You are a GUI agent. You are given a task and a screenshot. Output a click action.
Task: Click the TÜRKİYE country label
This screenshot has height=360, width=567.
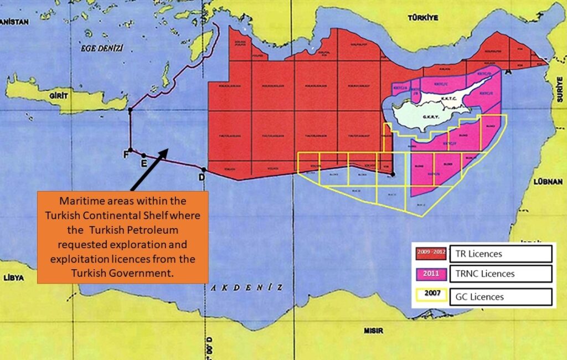point(423,18)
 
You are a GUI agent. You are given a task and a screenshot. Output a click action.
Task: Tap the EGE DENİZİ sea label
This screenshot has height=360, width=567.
point(102,48)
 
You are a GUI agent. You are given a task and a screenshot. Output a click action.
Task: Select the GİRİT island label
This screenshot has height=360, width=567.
point(58,96)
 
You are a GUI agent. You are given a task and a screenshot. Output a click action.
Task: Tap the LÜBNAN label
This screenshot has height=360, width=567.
point(548,181)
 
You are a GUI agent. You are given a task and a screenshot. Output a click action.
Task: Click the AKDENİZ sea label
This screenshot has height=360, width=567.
point(247,287)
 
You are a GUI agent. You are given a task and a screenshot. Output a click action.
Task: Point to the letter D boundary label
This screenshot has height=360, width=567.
point(202,177)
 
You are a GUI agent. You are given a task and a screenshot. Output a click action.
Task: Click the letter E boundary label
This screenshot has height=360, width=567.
point(143,164)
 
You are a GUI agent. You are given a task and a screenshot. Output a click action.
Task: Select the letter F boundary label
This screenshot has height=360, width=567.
point(125,155)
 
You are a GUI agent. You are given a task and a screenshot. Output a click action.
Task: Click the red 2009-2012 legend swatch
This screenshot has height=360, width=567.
point(431,254)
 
